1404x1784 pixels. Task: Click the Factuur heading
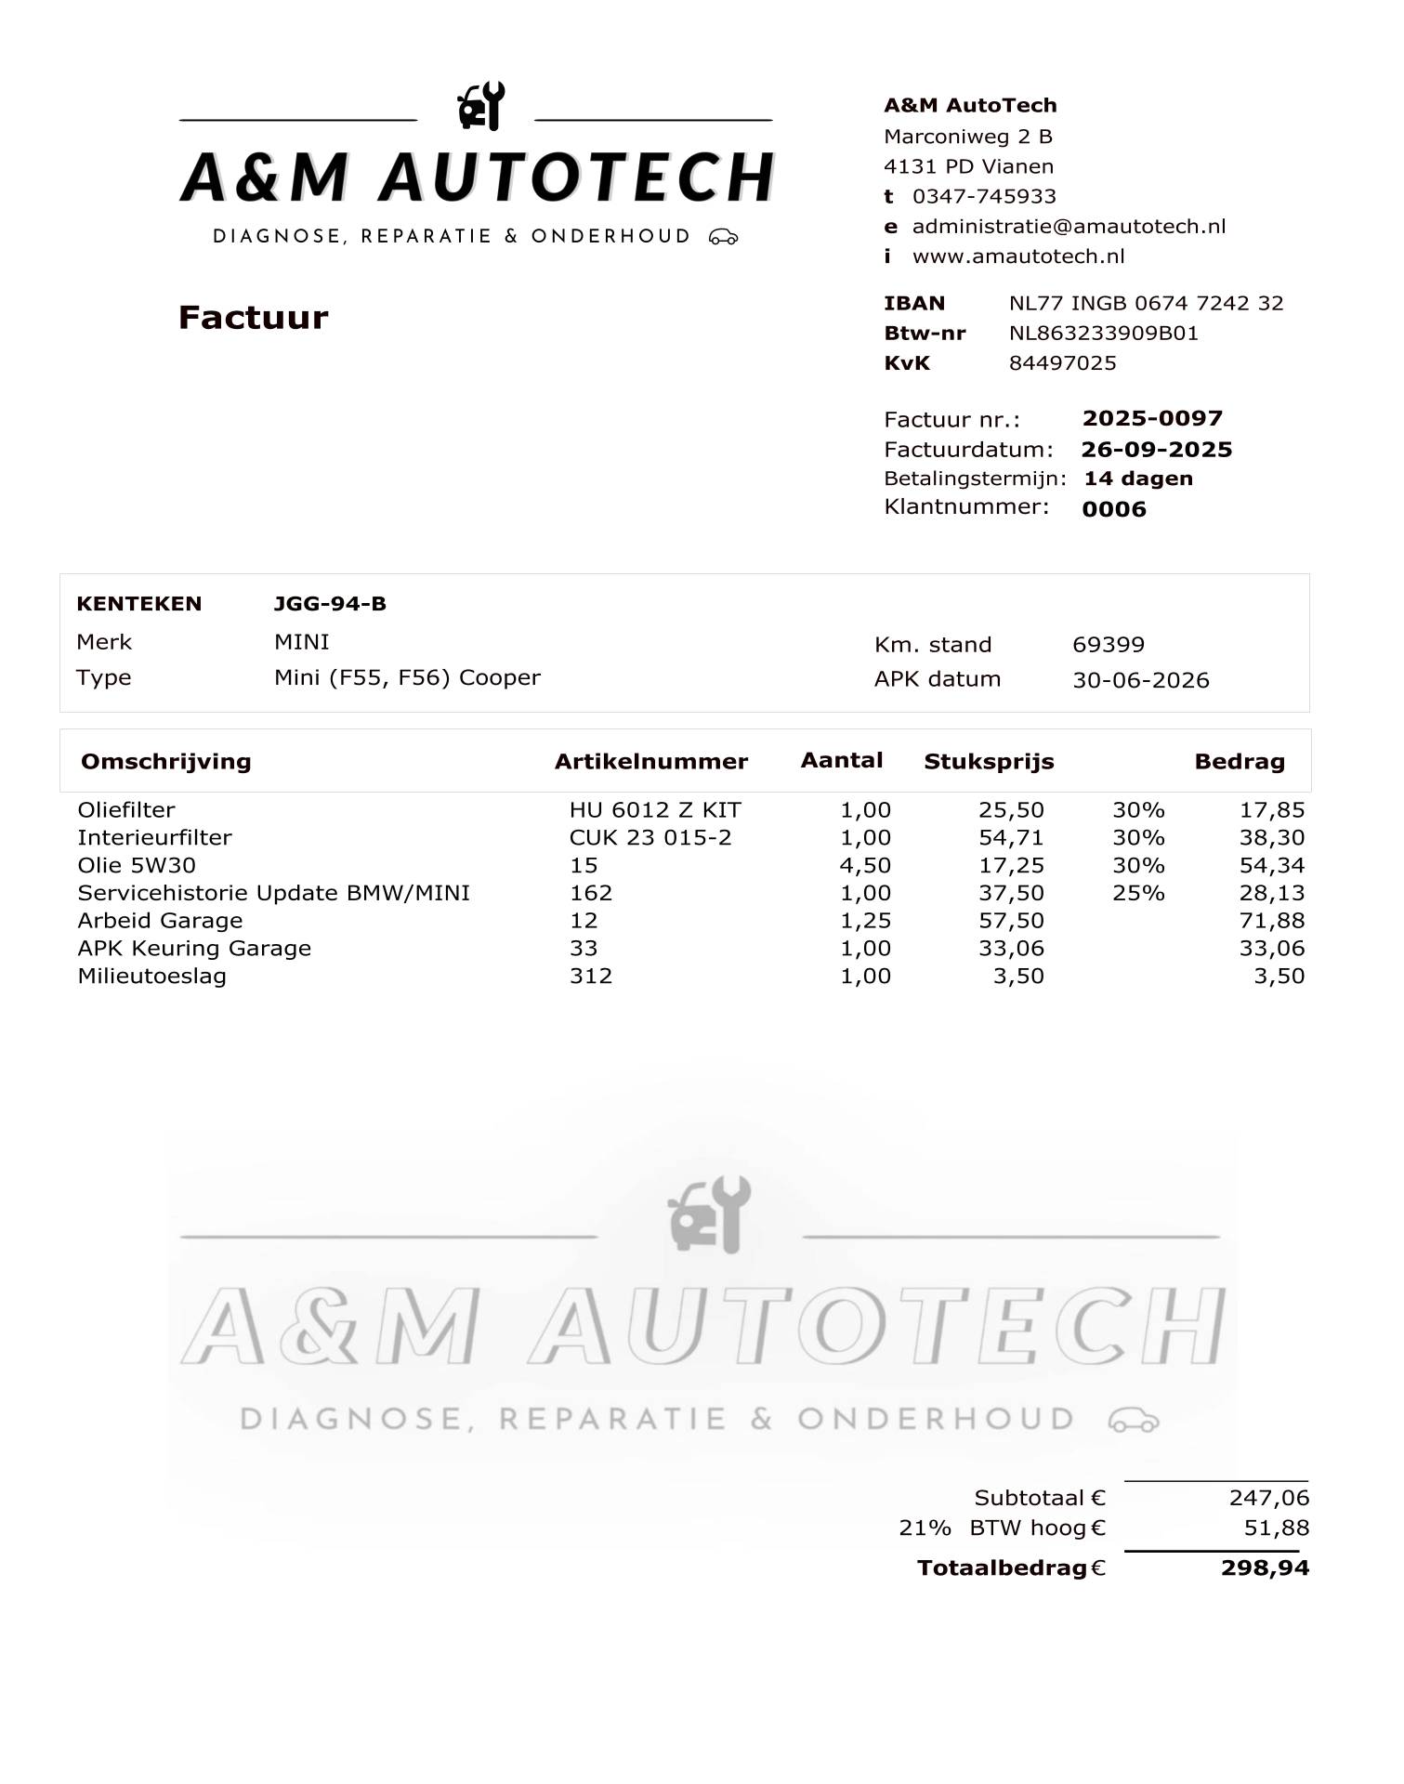coord(253,318)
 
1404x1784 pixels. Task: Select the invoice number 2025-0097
coord(1152,418)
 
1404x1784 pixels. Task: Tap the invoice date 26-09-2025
coord(1157,450)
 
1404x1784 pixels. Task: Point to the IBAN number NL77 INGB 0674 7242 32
coord(1146,303)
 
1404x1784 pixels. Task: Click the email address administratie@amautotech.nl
coord(1069,227)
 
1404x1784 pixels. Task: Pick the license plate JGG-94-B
coord(330,604)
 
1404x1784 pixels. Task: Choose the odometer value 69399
coord(1109,645)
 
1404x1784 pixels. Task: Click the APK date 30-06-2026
coord(1141,680)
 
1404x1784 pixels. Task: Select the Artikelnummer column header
coord(651,762)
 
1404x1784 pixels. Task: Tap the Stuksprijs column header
coord(989,762)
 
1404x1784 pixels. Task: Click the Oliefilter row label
coord(126,810)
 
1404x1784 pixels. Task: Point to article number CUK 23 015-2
coord(650,838)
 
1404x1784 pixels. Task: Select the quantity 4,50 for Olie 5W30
coord(865,866)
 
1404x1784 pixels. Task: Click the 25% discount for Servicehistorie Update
coord(1138,894)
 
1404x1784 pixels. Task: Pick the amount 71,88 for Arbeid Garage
coord(1272,921)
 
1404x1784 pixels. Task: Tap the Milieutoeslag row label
coord(152,977)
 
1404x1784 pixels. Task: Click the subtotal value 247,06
coord(1268,1498)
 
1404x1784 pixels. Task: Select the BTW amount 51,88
coord(1276,1528)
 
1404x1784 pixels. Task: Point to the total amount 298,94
coord(1265,1568)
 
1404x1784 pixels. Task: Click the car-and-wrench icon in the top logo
coord(481,106)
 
